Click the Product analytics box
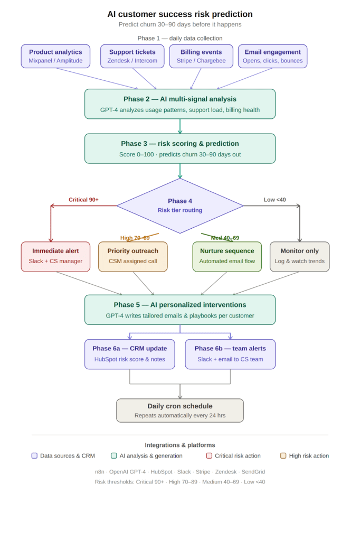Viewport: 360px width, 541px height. pyautogui.click(x=55, y=56)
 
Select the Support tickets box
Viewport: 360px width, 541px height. pyautogui.click(x=132, y=56)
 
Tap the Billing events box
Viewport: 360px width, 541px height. pyautogui.click(x=201, y=56)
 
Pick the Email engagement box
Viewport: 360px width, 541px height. pyautogui.click(x=272, y=56)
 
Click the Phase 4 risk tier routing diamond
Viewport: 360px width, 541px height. pyautogui.click(x=180, y=206)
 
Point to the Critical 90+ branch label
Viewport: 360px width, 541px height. pyautogui.click(x=83, y=200)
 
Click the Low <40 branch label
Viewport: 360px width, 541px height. pyautogui.click(x=274, y=200)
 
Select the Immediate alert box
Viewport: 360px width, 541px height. pyautogui.click(x=55, y=256)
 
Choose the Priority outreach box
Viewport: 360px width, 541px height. pyautogui.click(x=132, y=256)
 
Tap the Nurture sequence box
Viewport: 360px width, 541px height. pyautogui.click(x=227, y=256)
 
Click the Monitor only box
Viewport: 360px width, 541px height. pyautogui.click(x=299, y=256)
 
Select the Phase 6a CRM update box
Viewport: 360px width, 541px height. pyautogui.click(x=129, y=354)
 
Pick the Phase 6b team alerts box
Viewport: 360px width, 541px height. pyautogui.click(x=230, y=354)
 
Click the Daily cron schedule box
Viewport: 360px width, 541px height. pyautogui.click(x=180, y=411)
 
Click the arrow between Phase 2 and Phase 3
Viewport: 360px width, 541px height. pyautogui.click(x=180, y=126)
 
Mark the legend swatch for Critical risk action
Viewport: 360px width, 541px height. pyautogui.click(x=209, y=455)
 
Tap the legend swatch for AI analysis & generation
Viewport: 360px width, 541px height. pyautogui.click(x=114, y=455)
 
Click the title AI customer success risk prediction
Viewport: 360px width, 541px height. pyautogui.click(x=180, y=14)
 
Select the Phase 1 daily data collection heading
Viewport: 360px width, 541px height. pyautogui.click(x=180, y=38)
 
